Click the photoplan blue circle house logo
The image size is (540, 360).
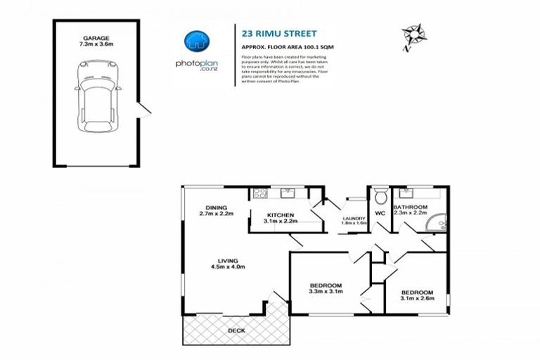[x=195, y=41]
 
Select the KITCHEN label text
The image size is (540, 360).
[x=280, y=214]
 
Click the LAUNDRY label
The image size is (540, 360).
[x=354, y=218]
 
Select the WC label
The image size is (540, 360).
[x=380, y=212]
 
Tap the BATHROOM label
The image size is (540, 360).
[x=411, y=207]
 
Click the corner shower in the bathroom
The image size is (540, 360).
[x=438, y=223]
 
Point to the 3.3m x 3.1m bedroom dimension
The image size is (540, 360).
[x=326, y=292]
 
